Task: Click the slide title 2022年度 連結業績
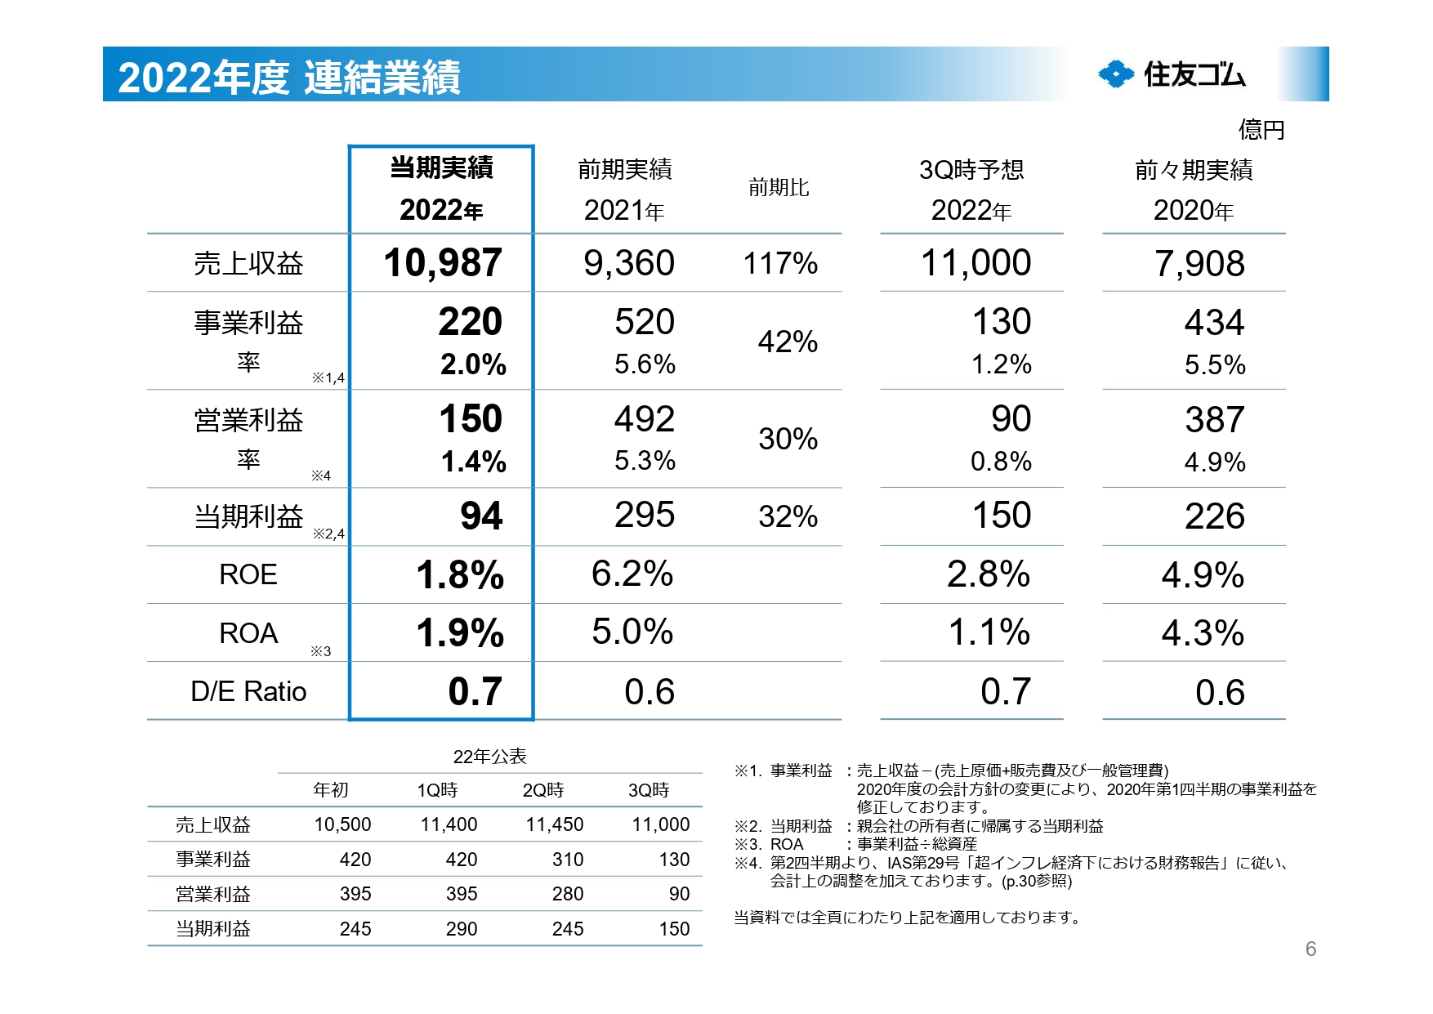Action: click(289, 78)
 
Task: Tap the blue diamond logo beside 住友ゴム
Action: click(1116, 74)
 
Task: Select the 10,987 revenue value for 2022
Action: click(442, 263)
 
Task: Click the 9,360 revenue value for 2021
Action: click(628, 263)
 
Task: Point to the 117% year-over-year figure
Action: click(780, 264)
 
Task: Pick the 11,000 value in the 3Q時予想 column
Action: click(975, 263)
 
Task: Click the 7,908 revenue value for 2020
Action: click(1199, 264)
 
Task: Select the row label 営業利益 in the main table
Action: click(248, 420)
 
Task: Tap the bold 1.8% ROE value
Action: click(460, 574)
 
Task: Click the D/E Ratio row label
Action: click(248, 692)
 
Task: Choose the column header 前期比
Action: click(779, 188)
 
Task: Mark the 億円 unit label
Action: click(1261, 130)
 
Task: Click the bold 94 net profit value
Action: click(481, 516)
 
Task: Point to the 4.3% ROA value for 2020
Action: click(1203, 633)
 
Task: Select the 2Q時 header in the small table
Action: click(543, 790)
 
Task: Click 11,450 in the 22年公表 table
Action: click(554, 824)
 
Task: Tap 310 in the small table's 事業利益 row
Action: click(567, 860)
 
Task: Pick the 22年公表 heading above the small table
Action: click(489, 757)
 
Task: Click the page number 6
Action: click(1310, 949)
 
